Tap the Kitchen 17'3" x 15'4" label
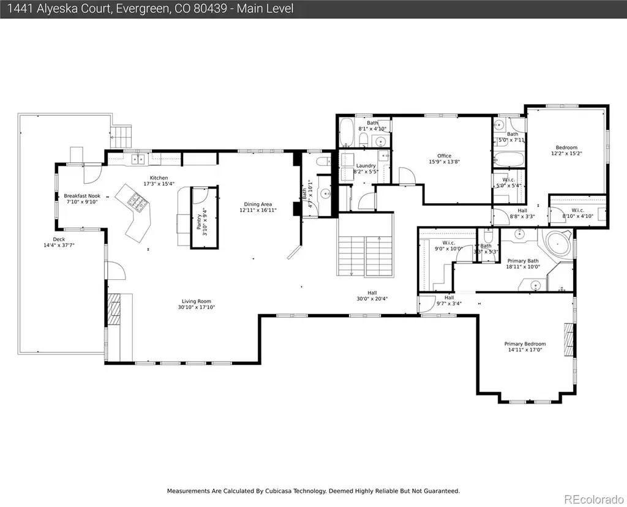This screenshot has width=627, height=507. pyautogui.click(x=159, y=181)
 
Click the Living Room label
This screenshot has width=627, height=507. pyautogui.click(x=197, y=301)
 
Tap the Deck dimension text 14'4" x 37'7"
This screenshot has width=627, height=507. pyautogui.click(x=59, y=245)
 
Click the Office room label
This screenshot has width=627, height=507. pyautogui.click(x=445, y=156)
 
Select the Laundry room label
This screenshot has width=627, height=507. pyautogui.click(x=366, y=165)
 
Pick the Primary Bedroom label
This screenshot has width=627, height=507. pyautogui.click(x=525, y=344)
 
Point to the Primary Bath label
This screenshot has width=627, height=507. pyautogui.click(x=523, y=261)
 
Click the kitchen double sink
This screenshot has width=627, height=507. pyautogui.click(x=138, y=160)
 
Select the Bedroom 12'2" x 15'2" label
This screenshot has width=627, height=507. pyautogui.click(x=566, y=151)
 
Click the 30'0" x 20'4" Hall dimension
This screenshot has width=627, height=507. pyautogui.click(x=372, y=299)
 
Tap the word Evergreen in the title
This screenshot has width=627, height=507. pyautogui.click(x=142, y=9)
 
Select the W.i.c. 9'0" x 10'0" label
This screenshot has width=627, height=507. pyautogui.click(x=449, y=246)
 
